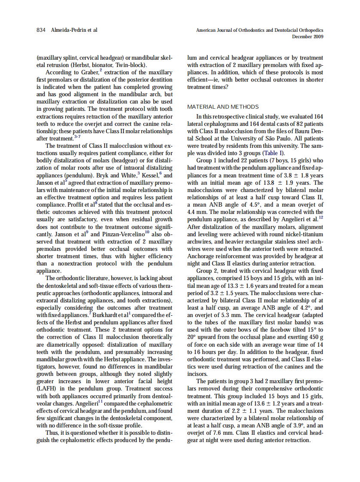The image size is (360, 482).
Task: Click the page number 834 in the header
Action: click(x=42, y=30)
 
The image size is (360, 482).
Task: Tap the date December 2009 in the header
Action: click(x=308, y=37)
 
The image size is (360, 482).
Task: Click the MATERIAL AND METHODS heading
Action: click(x=223, y=107)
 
